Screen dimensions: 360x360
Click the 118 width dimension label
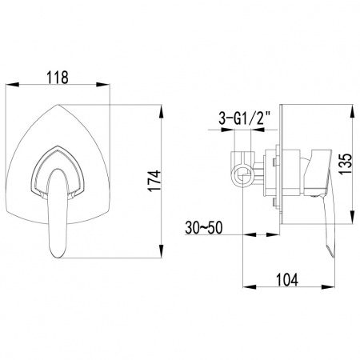[58, 77]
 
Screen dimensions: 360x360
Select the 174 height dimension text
[155, 181]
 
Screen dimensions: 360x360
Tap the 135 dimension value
[346, 163]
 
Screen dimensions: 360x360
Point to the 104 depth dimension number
[286, 280]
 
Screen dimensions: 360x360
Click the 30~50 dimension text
[204, 228]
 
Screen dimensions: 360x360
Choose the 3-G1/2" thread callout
[245, 118]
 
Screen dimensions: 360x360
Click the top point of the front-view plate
[58, 105]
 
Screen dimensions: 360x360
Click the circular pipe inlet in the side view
[242, 175]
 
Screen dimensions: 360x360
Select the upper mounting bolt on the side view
[274, 162]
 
